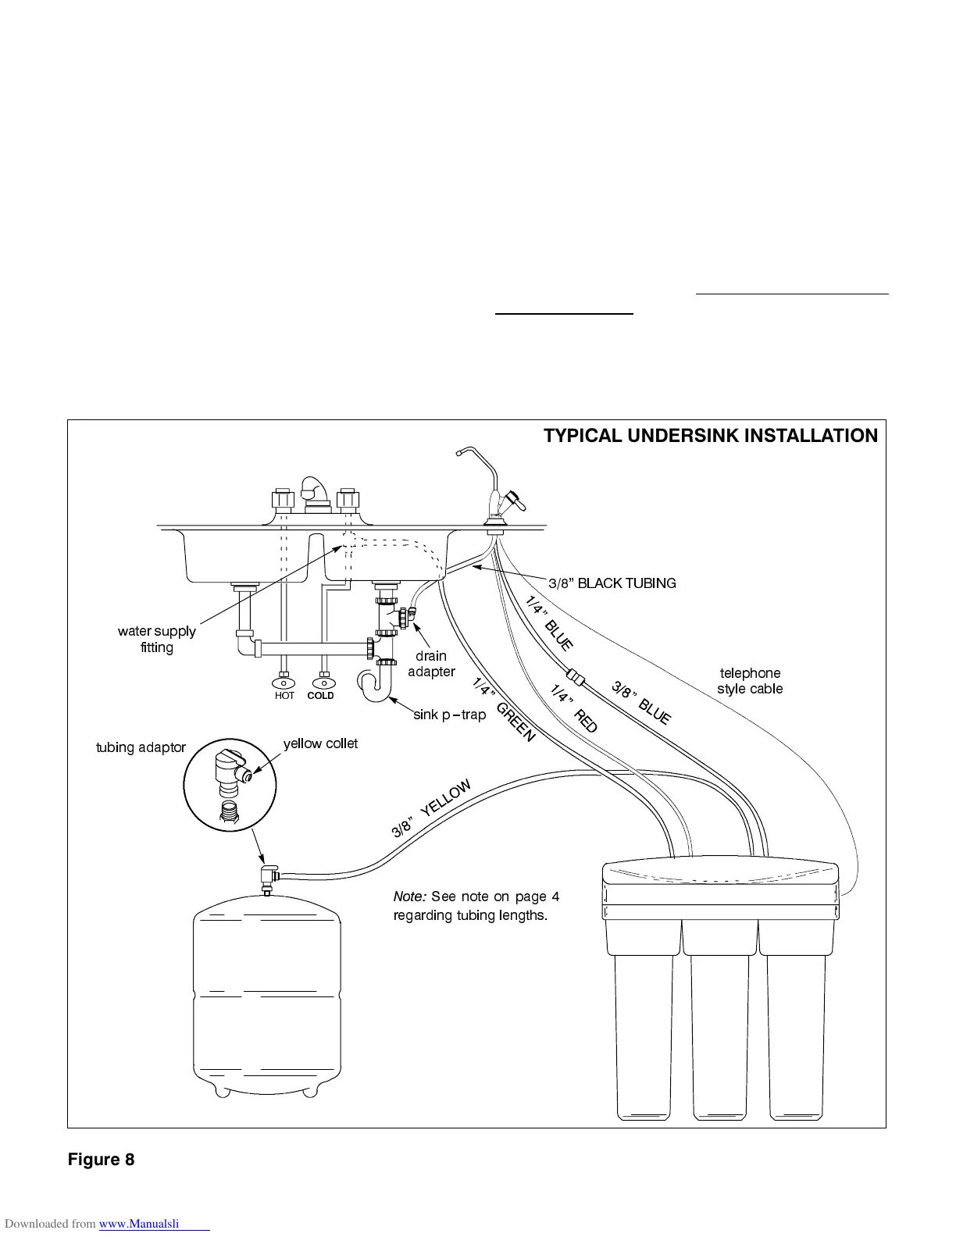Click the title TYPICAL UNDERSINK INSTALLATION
(710, 436)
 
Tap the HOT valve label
(284, 696)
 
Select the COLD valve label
(320, 696)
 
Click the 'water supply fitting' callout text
(156, 639)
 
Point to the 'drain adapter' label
(431, 664)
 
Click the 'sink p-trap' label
(449, 715)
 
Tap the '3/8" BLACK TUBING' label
(612, 583)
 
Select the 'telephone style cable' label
(750, 681)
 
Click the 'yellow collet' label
(320, 743)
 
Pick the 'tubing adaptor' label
(141, 747)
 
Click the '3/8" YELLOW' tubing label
(431, 808)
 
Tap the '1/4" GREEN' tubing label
(504, 710)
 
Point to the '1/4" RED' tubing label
(574, 708)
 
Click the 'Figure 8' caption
(101, 1160)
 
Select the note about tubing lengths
(476, 906)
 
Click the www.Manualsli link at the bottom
(154, 1224)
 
